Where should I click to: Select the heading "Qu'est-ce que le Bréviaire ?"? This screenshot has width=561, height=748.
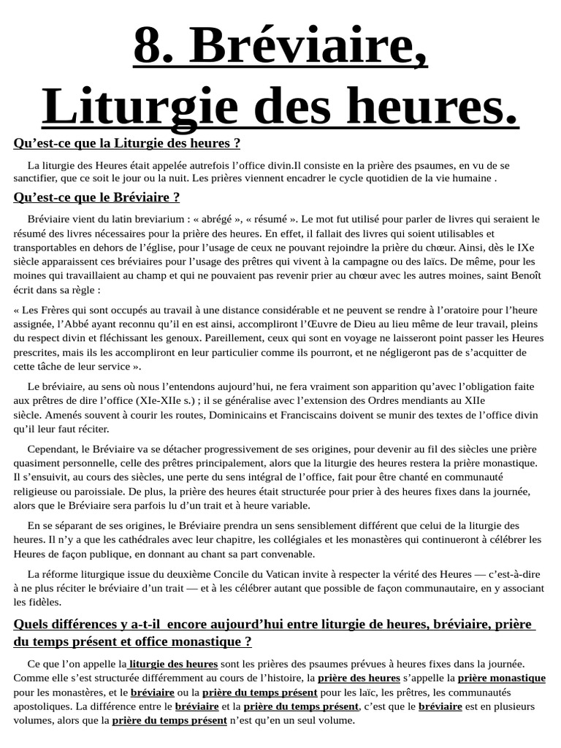tap(96, 197)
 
